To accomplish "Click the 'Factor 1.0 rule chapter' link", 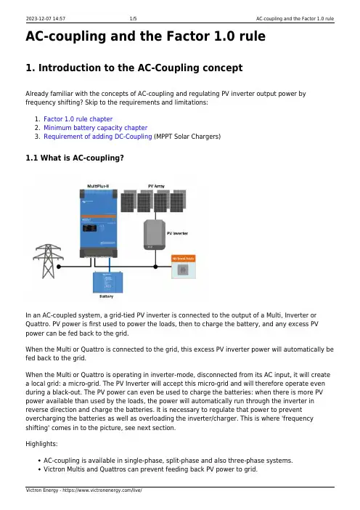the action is pyautogui.click(x=78, y=119).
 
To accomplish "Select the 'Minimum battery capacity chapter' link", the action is pyautogui.click(x=96, y=128).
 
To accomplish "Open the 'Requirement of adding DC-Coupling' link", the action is pyautogui.click(x=98, y=137).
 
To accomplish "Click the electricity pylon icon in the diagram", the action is pyautogui.click(x=48, y=262).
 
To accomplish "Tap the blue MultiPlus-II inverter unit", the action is pyautogui.click(x=99, y=224).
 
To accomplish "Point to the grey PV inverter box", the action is pyautogui.click(x=155, y=235).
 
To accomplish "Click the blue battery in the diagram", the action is pyautogui.click(x=108, y=283).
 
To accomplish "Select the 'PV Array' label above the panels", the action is pyautogui.click(x=156, y=187).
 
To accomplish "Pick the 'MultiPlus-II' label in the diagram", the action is pyautogui.click(x=98, y=187).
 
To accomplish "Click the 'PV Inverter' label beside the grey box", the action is pyautogui.click(x=177, y=233).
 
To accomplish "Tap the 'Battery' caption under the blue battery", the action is pyautogui.click(x=106, y=296).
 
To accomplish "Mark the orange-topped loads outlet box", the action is pyautogui.click(x=183, y=267).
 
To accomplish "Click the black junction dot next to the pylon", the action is pyautogui.click(x=59, y=267).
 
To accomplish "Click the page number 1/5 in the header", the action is pyautogui.click(x=134, y=19).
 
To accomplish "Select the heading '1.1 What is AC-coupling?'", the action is pyautogui.click(x=75, y=158).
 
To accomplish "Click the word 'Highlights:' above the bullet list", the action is pyautogui.click(x=41, y=444).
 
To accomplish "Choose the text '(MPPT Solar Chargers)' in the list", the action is pyautogui.click(x=187, y=137).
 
